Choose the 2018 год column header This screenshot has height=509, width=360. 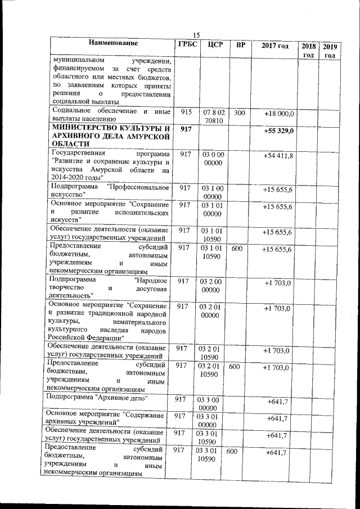tap(308, 50)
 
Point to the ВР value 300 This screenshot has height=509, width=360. tap(239, 113)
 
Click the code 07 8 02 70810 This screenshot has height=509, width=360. tap(213, 116)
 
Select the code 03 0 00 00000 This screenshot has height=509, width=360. tap(213, 158)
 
